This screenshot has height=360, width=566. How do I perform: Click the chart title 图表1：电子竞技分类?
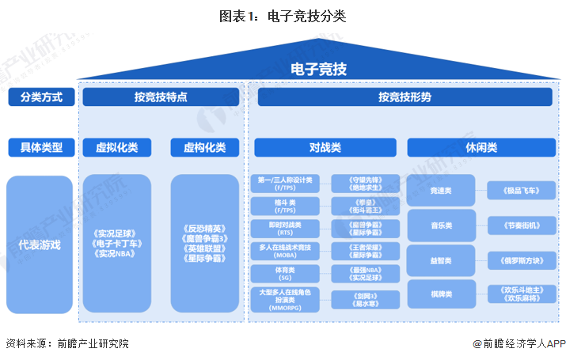pyautogui.click(x=283, y=15)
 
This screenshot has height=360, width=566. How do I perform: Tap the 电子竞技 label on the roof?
pyautogui.click(x=319, y=69)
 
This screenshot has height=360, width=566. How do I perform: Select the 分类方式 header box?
pyautogui.click(x=41, y=97)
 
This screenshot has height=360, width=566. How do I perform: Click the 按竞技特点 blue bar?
pyautogui.click(x=161, y=97)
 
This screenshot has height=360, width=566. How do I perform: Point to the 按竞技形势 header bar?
pyautogui.click(x=405, y=97)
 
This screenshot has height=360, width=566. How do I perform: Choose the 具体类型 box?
pyautogui.click(x=41, y=147)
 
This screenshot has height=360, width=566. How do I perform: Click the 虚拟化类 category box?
pyautogui.click(x=116, y=147)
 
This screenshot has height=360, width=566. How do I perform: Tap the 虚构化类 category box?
pyautogui.click(x=204, y=147)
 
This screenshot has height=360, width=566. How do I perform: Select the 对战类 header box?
pyautogui.click(x=325, y=147)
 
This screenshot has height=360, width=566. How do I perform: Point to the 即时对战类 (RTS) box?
pyautogui.click(x=285, y=229)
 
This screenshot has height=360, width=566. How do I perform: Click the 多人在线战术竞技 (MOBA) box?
pyautogui.click(x=285, y=252)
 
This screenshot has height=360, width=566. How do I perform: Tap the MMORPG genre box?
pyautogui.click(x=285, y=299)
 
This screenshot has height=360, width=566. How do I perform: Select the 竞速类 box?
pyautogui.click(x=441, y=191)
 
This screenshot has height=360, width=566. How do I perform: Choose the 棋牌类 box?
pyautogui.click(x=441, y=294)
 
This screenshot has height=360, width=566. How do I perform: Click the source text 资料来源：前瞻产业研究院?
pyautogui.click(x=66, y=345)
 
